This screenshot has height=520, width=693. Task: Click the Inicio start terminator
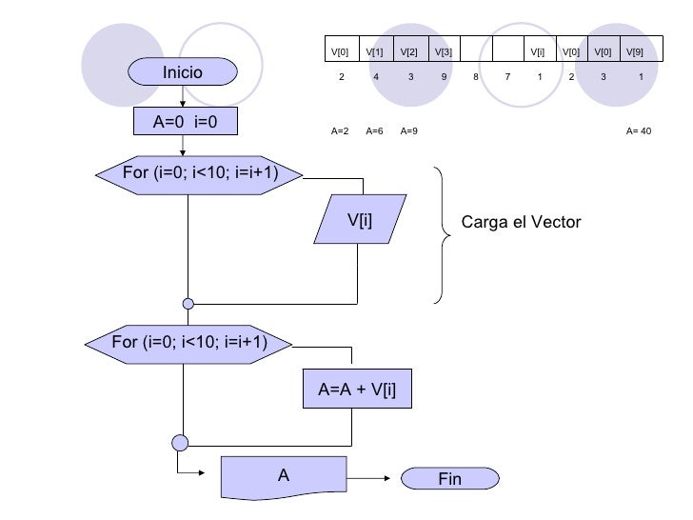[x=182, y=71]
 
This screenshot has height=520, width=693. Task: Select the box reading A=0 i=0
[x=182, y=122]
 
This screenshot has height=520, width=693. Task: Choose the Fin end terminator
[x=448, y=479]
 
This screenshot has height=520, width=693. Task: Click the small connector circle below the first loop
[x=188, y=304]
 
